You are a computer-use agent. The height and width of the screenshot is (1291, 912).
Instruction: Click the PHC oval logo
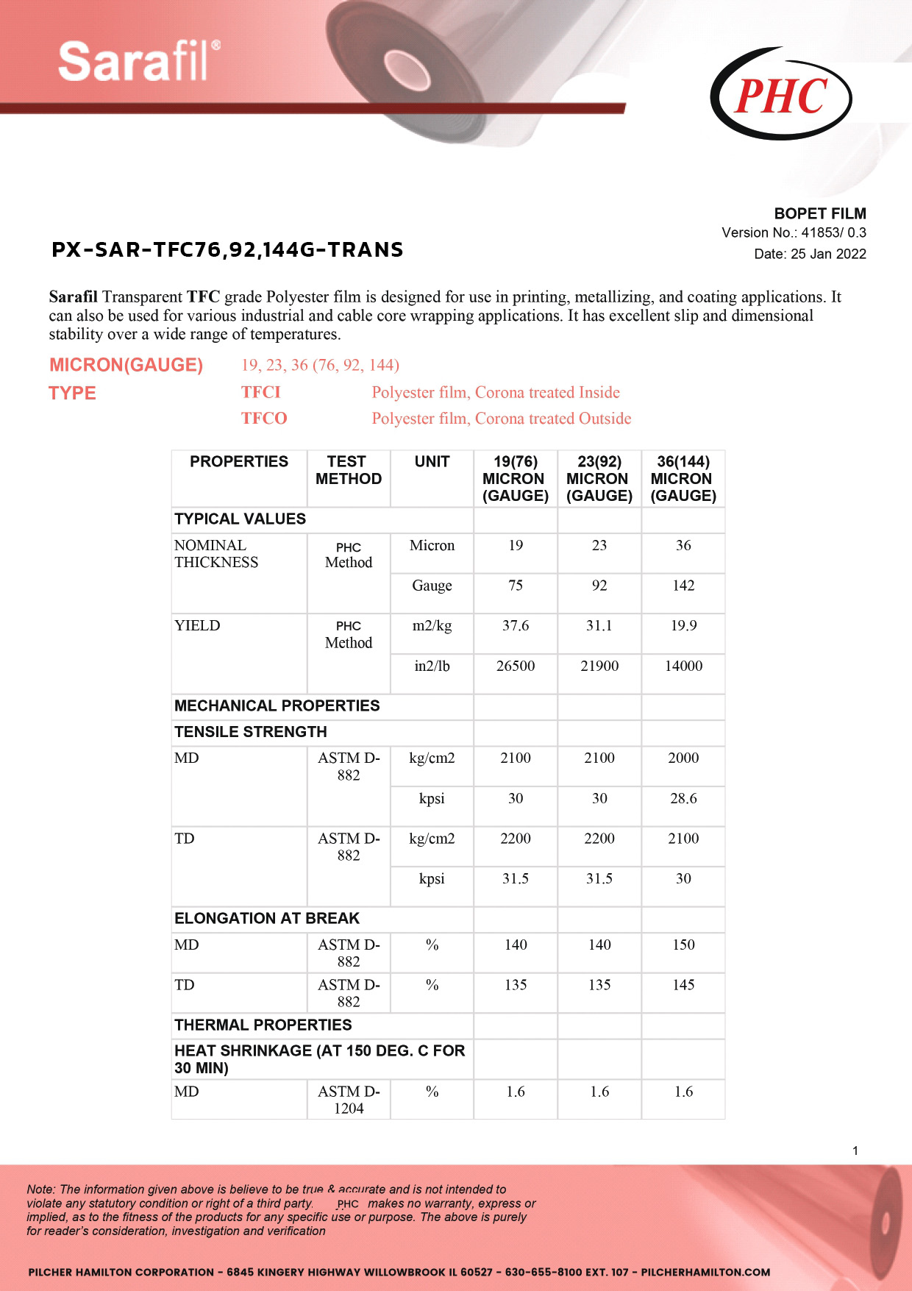780,95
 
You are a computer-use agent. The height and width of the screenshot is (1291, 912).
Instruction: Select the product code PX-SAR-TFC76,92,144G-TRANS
227,250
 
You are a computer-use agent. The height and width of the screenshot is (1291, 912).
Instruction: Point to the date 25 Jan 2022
810,254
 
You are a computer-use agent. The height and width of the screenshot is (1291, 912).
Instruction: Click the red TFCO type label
264,419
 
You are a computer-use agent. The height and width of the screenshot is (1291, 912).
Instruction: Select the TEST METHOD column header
349,470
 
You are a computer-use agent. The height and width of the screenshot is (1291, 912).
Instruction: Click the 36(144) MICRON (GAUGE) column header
683,478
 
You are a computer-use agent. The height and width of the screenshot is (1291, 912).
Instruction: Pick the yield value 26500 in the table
516,666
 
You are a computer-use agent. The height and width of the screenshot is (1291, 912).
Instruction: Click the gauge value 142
683,586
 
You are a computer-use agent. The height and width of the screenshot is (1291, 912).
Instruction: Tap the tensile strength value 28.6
683,798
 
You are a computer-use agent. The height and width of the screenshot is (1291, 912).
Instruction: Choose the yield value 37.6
516,625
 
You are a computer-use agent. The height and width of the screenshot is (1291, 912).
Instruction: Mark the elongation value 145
683,984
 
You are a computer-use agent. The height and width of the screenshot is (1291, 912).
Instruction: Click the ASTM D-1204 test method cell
349,1100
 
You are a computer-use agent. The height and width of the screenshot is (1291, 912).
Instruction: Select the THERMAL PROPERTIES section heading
263,1025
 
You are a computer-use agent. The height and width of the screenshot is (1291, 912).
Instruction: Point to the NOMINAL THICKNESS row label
216,554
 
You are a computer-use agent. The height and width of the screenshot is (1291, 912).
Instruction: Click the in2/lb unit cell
432,666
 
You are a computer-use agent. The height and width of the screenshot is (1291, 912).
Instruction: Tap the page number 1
855,1150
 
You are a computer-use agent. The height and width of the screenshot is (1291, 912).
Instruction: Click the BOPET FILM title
820,213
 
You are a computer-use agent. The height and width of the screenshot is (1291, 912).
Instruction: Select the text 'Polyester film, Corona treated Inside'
496,392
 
